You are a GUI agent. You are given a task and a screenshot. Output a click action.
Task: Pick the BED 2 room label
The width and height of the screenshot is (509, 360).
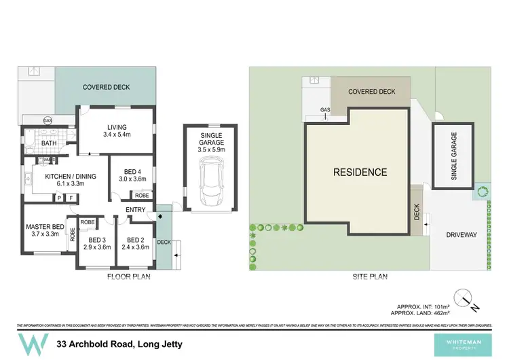coord(133,243)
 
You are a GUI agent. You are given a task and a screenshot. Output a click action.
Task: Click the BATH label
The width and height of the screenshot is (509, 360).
coord(48,143)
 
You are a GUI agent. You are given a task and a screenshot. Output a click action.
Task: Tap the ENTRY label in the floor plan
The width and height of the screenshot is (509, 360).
coord(135,209)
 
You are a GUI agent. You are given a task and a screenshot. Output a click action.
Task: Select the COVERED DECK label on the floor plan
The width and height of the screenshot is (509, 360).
coord(106,88)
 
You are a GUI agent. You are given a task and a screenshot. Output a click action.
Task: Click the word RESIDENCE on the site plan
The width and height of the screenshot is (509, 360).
coord(360,173)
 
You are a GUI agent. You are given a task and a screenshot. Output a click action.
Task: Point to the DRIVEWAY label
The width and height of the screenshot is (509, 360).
coord(461,235)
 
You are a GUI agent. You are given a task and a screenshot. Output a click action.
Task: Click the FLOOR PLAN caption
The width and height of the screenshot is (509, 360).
coord(128,277)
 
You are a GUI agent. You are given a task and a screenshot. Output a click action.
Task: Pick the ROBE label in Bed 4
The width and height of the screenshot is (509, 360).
coord(142,195)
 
